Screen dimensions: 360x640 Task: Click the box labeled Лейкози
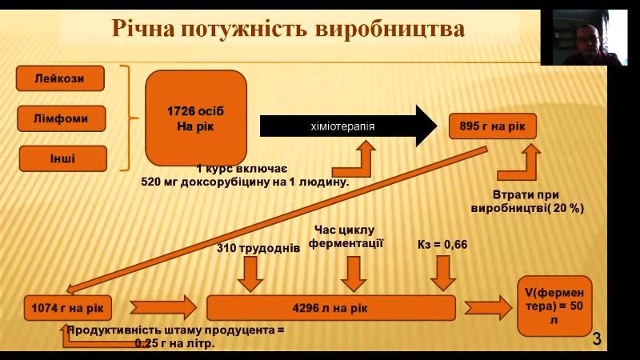point(60,78)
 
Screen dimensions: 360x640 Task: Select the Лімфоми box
point(60,119)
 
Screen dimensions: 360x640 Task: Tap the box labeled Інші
point(60,158)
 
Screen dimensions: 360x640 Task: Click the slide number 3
point(596,339)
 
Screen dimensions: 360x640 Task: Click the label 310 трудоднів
point(258,248)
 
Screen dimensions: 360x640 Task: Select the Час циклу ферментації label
point(349,236)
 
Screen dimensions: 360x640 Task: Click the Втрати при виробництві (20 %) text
point(526,201)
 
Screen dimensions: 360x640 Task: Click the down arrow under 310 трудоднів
point(251,274)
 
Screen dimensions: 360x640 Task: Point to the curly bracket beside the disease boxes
point(125,118)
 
